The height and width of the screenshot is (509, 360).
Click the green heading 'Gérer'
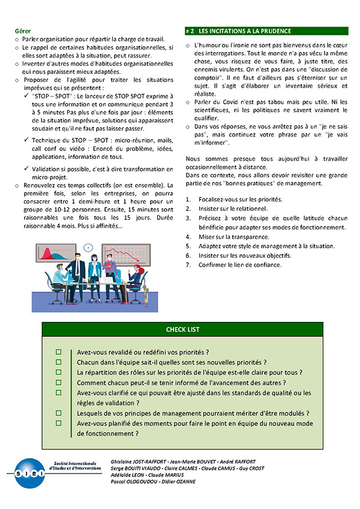point(23,31)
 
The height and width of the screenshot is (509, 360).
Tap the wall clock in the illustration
point(89,247)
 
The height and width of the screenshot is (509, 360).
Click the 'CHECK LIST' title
point(183,330)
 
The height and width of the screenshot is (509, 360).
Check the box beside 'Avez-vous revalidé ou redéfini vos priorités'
point(59,352)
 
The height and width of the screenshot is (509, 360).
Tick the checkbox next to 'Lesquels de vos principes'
point(59,413)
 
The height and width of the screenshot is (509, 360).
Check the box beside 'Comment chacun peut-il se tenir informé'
point(59,382)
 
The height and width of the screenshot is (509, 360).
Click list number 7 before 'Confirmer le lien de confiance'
point(188,265)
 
